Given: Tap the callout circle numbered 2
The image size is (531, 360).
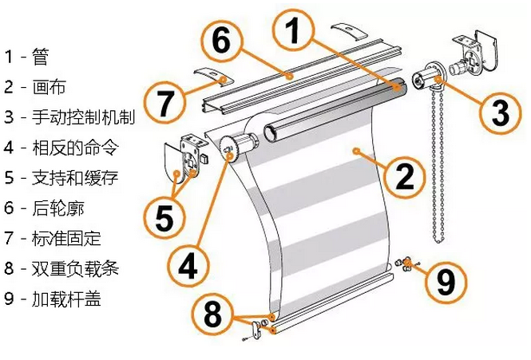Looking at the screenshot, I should pos(406,176).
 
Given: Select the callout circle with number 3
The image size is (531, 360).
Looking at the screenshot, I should pos(500,113).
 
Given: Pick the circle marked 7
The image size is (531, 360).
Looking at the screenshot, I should pos(164,104).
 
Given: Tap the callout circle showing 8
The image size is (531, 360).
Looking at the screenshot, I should pos(212,314).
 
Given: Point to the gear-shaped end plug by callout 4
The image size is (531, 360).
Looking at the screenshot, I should pos(234,148).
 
